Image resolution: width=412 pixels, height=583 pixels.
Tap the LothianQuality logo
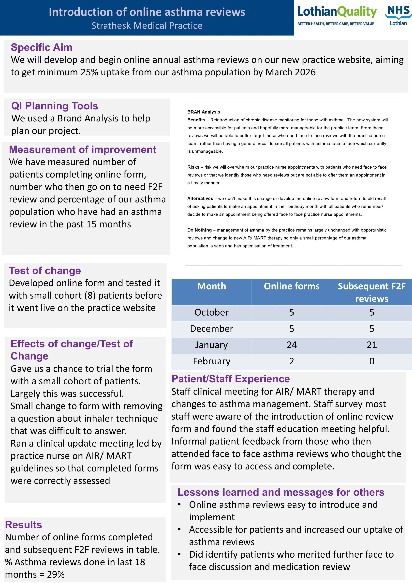(337, 15)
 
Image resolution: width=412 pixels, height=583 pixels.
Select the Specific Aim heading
(42, 48)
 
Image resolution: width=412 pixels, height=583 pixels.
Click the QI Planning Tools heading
(55, 106)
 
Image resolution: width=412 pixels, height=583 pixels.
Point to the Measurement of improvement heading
(82, 150)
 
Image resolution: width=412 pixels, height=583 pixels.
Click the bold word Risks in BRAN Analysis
(193, 167)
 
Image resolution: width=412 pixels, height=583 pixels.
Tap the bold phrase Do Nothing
(199, 230)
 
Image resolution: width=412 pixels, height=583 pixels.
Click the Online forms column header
(292, 286)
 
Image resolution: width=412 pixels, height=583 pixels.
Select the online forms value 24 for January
(292, 345)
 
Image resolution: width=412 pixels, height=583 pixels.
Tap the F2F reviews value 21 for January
(372, 345)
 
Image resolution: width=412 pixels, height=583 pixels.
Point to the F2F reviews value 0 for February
(372, 361)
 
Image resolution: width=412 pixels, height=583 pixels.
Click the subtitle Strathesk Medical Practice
(147, 26)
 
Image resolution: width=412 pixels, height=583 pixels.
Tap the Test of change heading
(45, 271)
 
